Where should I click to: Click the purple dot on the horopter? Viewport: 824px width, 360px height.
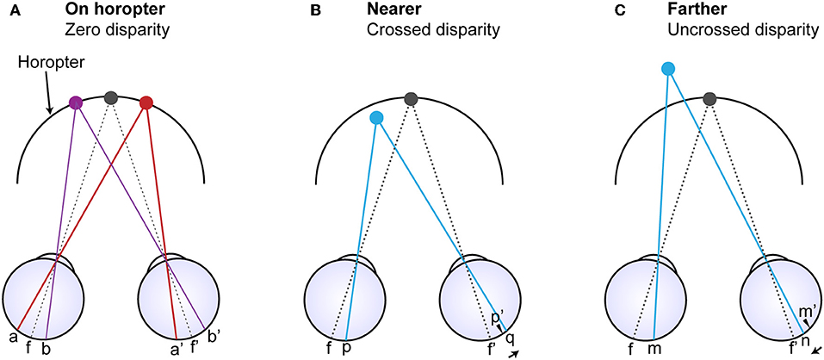pyautogui.click(x=76, y=102)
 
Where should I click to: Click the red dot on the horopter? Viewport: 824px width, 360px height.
pyautogui.click(x=146, y=102)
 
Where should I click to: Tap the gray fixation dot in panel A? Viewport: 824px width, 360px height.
pyautogui.click(x=110, y=98)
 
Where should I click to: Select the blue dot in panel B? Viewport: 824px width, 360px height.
pyautogui.click(x=375, y=118)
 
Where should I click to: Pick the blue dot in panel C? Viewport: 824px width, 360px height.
pyautogui.click(x=667, y=68)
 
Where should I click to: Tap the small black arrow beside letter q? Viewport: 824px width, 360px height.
pyautogui.click(x=514, y=352)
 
